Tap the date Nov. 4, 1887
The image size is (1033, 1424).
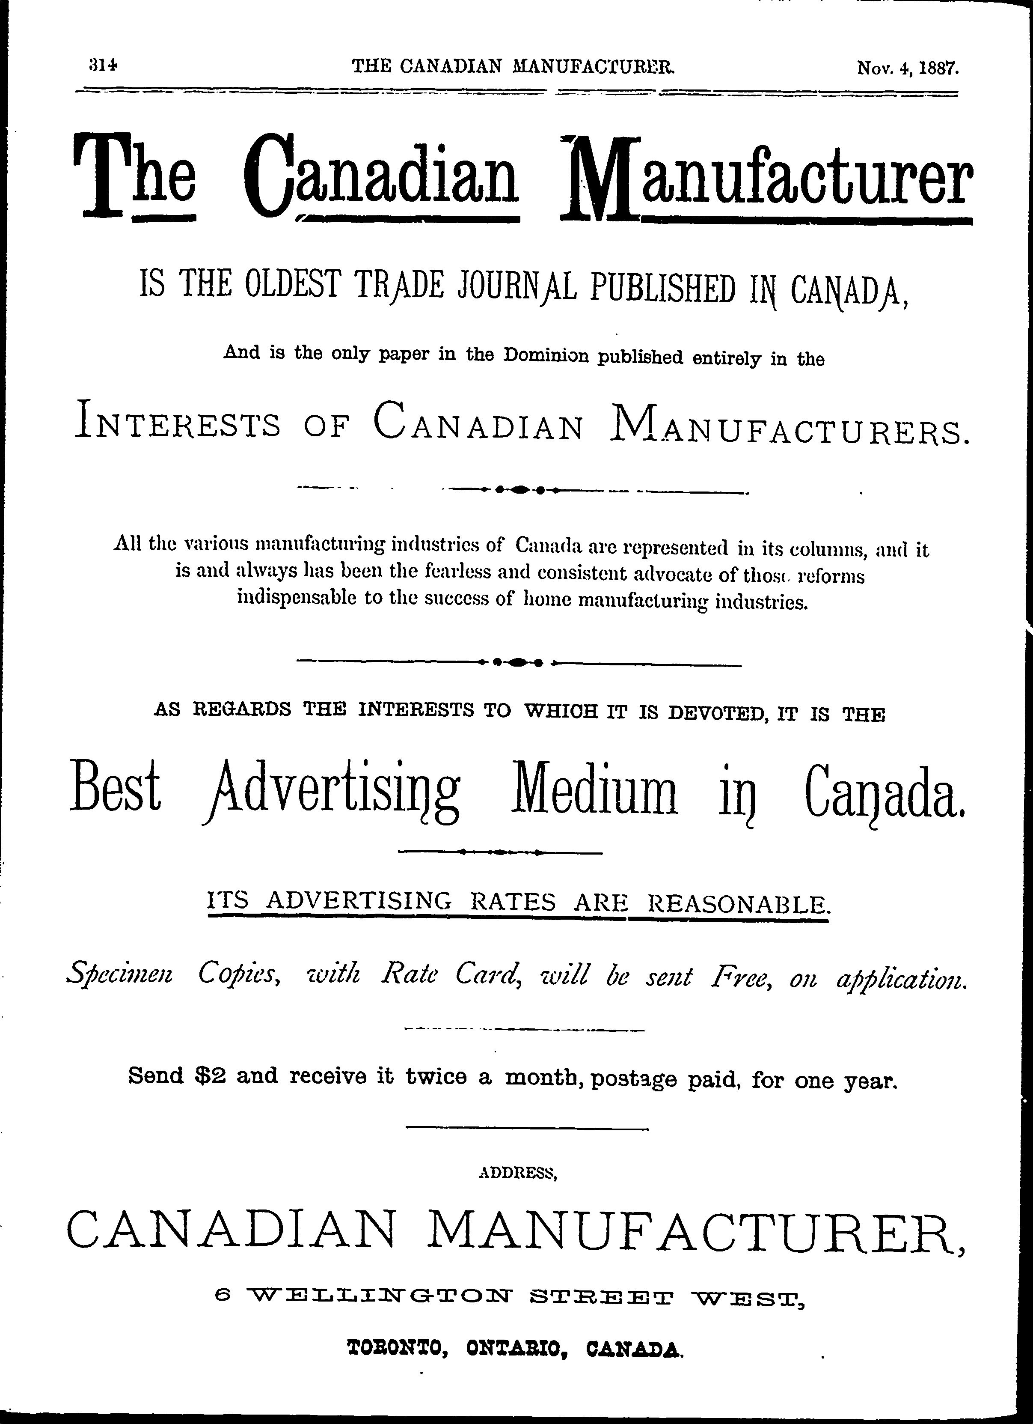[908, 67]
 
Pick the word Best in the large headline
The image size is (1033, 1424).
[116, 789]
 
